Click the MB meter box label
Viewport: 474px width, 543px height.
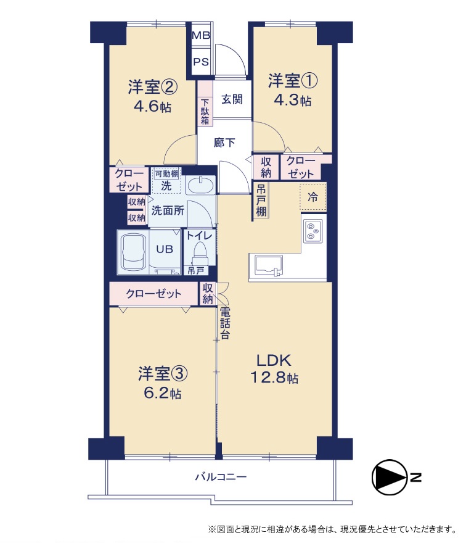tap(201, 35)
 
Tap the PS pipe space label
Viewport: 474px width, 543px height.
tap(201, 62)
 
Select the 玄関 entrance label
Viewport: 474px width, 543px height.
tap(232, 99)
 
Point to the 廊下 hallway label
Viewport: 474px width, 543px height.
tap(224, 143)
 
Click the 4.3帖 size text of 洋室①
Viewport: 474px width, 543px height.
tap(293, 100)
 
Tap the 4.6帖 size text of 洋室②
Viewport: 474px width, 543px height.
tap(153, 106)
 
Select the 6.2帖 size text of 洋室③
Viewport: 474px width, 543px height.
tap(162, 393)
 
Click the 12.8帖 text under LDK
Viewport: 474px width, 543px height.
tap(274, 378)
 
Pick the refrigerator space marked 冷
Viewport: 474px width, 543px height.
tap(313, 197)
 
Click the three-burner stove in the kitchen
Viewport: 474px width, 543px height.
tap(313, 231)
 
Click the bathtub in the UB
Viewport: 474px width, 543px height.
tap(133, 252)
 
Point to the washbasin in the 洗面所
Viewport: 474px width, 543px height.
tap(200, 185)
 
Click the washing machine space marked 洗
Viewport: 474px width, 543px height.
tap(166, 181)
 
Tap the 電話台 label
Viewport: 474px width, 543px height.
tap(225, 323)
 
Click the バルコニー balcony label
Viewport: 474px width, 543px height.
tap(221, 477)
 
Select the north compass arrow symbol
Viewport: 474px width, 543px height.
tap(390, 477)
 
